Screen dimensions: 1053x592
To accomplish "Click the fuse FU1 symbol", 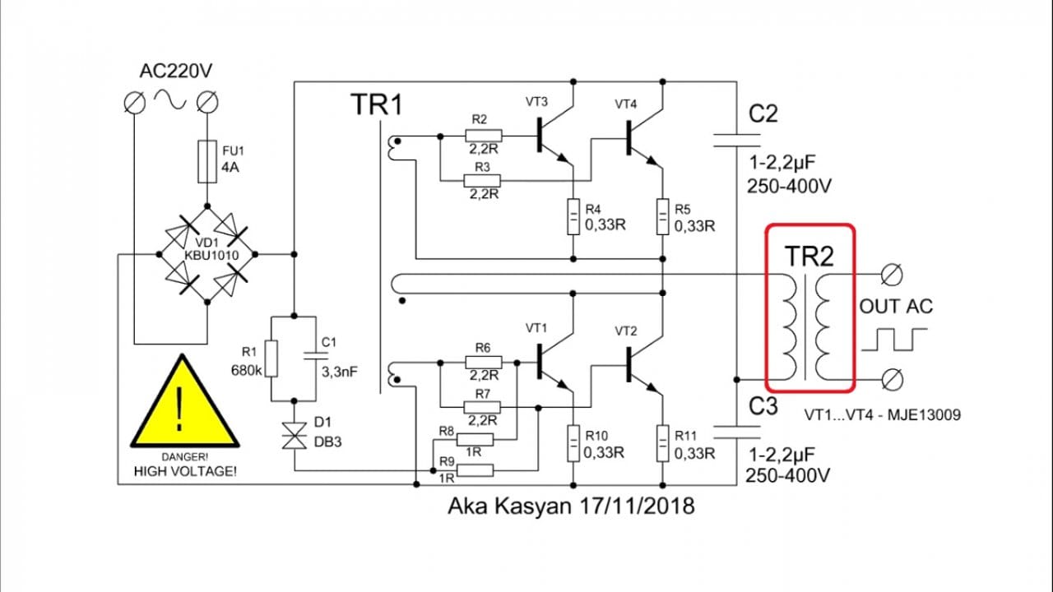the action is coord(206,161).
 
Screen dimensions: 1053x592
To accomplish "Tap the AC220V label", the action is coord(176,72).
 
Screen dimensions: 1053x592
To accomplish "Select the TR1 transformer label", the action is coord(377,104).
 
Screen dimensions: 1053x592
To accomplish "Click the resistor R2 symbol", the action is coord(483,136).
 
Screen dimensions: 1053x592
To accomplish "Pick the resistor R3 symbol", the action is coord(482,180).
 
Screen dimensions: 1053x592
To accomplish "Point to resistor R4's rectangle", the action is coord(573,216).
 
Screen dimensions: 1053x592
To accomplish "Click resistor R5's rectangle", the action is coord(662,216).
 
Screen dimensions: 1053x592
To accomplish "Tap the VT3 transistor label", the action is coord(536,101).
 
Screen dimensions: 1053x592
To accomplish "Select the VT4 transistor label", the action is coord(626,104).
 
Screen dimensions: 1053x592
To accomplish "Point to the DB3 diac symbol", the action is coord(295,436).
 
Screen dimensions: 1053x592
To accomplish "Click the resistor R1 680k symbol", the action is coord(271,358).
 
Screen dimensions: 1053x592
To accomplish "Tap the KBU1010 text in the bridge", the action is coord(211,256).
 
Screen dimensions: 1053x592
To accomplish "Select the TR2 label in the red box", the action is coord(809,256).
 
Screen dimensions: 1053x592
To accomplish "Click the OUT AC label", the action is coord(896,307).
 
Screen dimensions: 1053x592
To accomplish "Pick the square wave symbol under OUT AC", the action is coord(894,340).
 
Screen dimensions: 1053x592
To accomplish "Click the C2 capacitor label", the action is coord(763,113).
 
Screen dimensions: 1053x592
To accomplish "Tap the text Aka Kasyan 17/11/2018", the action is coord(571,506).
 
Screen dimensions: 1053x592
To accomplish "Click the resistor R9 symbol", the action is coord(475,469).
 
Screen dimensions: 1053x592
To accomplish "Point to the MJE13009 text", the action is coord(924,415).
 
